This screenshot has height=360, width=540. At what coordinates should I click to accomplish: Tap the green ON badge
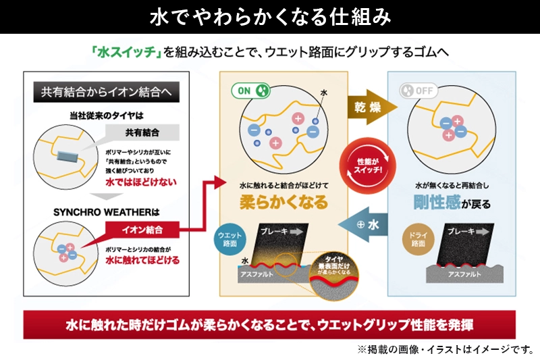tap(252, 89)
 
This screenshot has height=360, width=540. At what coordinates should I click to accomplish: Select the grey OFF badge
tap(416, 90)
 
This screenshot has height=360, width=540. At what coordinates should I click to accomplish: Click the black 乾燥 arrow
tap(369, 106)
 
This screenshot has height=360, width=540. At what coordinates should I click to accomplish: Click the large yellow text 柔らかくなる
tap(283, 201)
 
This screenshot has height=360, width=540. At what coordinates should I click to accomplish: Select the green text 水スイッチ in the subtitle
tap(123, 52)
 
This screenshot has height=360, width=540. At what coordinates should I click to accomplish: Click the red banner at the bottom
tap(269, 324)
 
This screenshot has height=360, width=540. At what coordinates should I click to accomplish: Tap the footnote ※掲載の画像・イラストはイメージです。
tap(445, 350)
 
